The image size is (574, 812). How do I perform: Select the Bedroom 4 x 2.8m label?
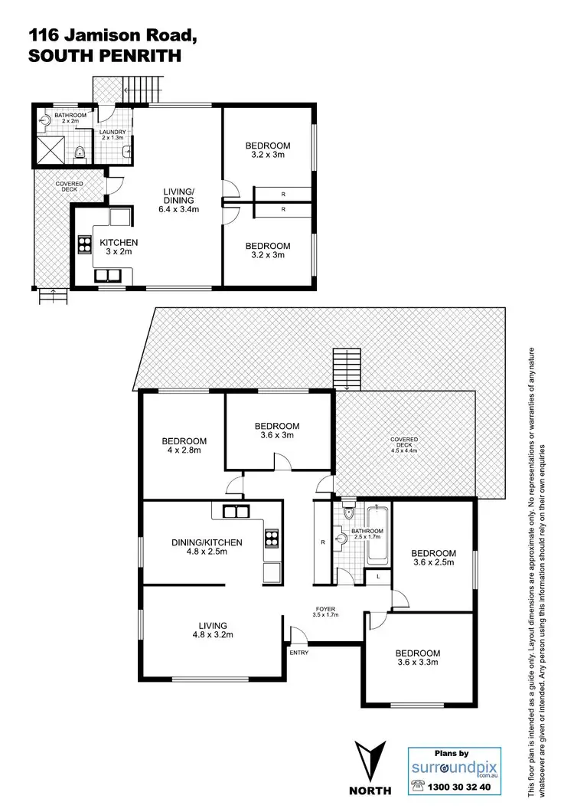(x=184, y=446)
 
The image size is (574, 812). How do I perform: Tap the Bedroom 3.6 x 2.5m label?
(x=433, y=558)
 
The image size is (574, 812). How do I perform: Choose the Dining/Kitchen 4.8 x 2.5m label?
(x=206, y=548)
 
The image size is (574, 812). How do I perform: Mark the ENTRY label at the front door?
(x=298, y=652)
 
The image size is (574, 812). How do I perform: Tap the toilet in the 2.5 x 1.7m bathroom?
(x=348, y=514)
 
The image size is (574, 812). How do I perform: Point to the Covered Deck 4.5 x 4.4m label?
(x=404, y=445)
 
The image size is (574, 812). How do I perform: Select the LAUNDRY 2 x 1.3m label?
(x=113, y=136)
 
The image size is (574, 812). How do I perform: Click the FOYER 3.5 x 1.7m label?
(x=325, y=612)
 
